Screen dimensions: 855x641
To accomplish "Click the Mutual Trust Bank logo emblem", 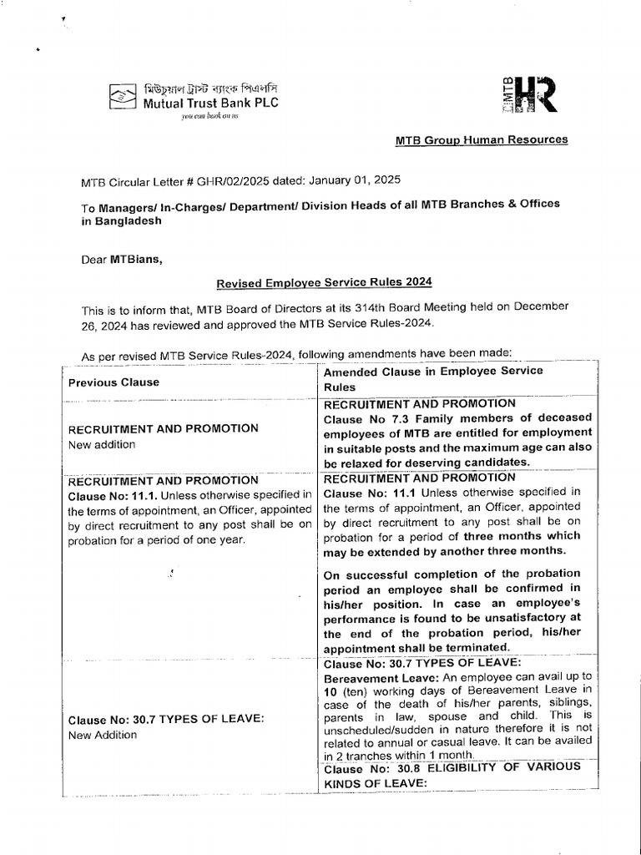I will [124, 97].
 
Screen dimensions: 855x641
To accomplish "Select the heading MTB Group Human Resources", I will [482, 139].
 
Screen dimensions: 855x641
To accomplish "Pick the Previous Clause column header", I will [114, 382].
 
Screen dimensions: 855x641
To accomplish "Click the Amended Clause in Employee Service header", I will [432, 371].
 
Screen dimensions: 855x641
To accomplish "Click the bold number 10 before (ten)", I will [330, 694].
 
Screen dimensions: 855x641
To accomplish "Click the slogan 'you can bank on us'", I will [211, 117].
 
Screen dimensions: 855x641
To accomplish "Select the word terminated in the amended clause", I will [478, 648].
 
